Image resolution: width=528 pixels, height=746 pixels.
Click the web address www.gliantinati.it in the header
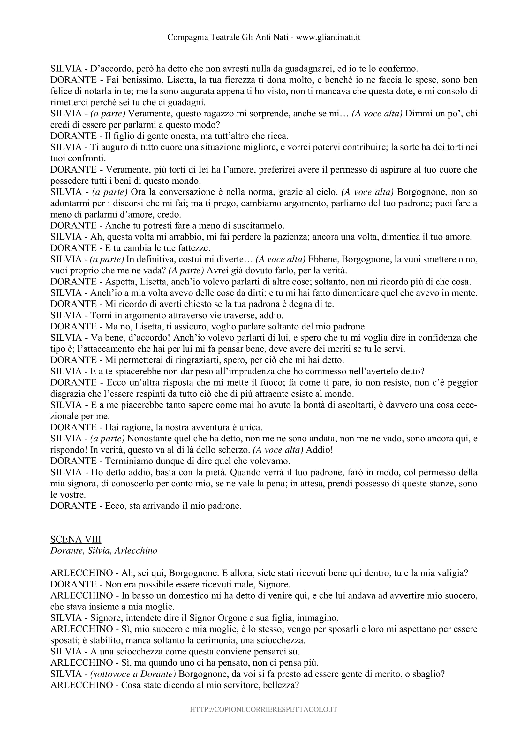pos(328,37)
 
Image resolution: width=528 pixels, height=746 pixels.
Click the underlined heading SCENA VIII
pos(76,539)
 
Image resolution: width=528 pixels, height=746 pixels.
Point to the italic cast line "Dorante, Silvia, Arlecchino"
pos(104,551)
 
